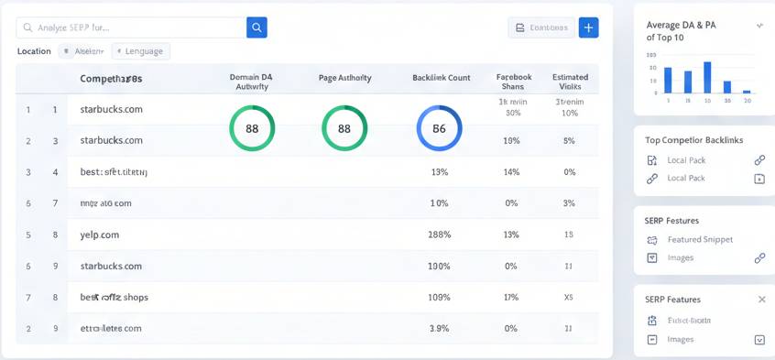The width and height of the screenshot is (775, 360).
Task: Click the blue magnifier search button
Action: tap(257, 27)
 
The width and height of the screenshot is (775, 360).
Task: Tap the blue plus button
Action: tap(588, 27)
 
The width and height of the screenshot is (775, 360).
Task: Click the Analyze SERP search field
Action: tap(133, 27)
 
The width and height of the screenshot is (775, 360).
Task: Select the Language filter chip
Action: tap(141, 51)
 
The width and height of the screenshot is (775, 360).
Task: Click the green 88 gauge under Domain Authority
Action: tap(252, 128)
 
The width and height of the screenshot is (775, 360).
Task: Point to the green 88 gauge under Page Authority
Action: tap(344, 128)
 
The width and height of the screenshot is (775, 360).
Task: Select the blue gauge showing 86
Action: tap(439, 128)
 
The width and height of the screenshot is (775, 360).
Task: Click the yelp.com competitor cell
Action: tap(100, 235)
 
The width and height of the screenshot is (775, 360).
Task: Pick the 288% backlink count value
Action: tap(439, 235)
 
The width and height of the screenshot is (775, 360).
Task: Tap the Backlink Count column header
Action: tap(441, 78)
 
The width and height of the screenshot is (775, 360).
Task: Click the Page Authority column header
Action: tap(344, 78)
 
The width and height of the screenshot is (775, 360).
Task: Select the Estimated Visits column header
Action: tap(570, 82)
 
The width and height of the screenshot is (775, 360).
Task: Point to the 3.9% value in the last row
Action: tap(439, 328)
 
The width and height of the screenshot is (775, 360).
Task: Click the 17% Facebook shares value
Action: tap(511, 297)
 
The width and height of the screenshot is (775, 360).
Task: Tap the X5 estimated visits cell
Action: tap(569, 297)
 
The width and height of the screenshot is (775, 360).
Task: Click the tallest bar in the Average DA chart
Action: tap(707, 78)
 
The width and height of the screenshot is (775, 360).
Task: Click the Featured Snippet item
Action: tap(700, 239)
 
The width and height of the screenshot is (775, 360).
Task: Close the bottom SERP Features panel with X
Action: tap(761, 300)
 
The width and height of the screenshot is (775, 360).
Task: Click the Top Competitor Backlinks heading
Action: tap(693, 140)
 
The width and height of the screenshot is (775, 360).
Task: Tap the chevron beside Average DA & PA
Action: tap(759, 26)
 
